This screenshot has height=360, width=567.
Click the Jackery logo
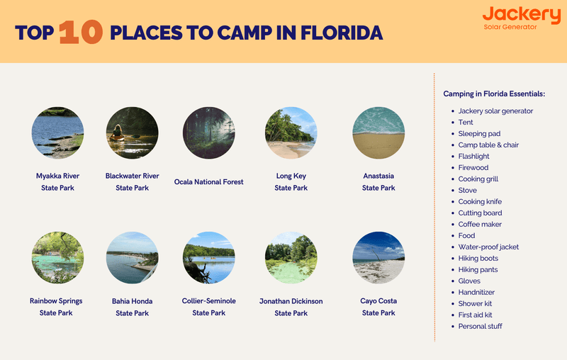coord(520,17)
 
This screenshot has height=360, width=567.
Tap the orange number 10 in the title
coord(80,33)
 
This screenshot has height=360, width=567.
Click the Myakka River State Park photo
coord(57,133)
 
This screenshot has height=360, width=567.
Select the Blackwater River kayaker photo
coord(132,133)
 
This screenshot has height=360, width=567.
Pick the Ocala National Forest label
coord(208,182)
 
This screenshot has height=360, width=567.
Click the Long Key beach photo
coord(291,133)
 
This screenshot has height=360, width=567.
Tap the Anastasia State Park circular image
coord(378,133)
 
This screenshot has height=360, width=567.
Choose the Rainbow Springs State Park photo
coord(57,258)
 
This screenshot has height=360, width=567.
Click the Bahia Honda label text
coord(132,301)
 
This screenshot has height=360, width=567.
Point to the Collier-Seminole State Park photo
coord(208,258)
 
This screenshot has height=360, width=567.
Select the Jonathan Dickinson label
coord(291,301)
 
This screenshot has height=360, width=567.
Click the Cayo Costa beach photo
coord(378,258)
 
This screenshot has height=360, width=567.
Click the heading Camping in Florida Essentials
coord(494,94)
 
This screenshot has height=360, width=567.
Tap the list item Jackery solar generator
coord(495,111)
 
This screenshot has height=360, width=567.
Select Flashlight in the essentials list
coord(473,157)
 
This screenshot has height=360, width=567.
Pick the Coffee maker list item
coord(480,225)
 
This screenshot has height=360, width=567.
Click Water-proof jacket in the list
coord(488,247)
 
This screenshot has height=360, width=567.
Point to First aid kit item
coord(476,315)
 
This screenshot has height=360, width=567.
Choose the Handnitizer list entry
coord(476,293)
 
